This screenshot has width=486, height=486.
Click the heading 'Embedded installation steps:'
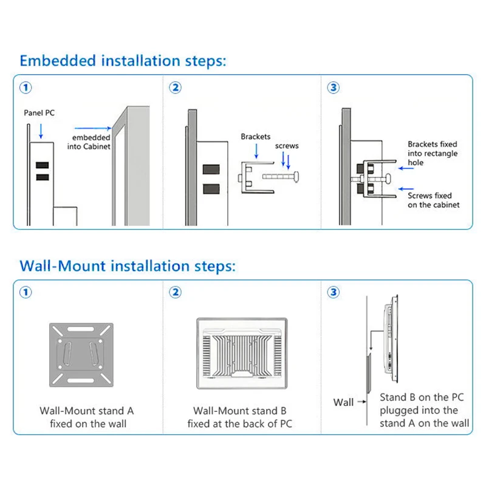123,61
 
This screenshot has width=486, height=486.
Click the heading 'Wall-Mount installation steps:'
127,266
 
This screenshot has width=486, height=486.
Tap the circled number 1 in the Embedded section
26,87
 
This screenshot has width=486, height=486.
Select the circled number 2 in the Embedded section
175,87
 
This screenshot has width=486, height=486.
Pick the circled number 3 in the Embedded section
333,87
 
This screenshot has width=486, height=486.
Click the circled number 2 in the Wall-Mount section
175,293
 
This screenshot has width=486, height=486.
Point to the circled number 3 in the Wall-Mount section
333,293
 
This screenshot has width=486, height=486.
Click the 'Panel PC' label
39,113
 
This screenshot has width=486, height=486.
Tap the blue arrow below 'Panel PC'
40,130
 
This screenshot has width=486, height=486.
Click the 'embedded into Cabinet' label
92,142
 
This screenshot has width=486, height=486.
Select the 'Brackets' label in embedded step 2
255,137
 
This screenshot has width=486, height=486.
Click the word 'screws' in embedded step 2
287,146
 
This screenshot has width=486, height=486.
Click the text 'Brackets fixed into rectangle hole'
433,154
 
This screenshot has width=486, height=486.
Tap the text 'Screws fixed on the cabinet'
434,200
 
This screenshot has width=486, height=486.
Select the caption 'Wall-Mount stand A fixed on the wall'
87,417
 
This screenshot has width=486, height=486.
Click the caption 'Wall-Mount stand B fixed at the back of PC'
240,417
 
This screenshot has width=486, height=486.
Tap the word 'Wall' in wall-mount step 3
343,402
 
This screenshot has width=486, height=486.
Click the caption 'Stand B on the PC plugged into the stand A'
424,410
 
